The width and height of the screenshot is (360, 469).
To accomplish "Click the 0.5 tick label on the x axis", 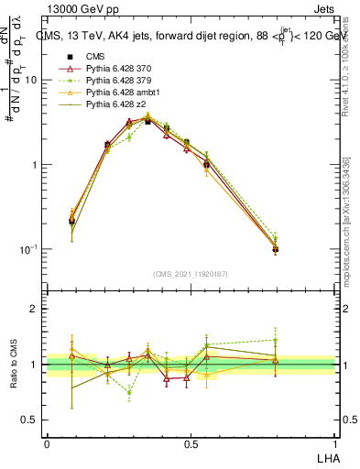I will pyautogui.click(x=191, y=442).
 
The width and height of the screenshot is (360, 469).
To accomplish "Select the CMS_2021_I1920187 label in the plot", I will pyautogui.click(x=190, y=274).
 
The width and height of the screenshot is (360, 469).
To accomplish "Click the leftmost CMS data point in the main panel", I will pyautogui.click(x=72, y=221).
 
